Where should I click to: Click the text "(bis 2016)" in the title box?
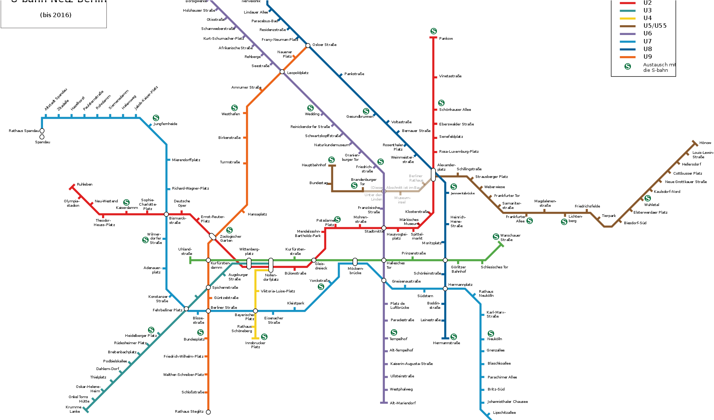tap(56, 15)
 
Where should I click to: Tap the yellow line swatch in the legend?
tap(627, 19)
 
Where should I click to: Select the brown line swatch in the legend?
tap(627, 26)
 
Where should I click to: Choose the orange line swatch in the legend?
tap(627, 57)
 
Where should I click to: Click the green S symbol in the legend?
tap(628, 66)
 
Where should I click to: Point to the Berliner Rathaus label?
tap(416, 178)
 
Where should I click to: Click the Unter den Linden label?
tap(374, 197)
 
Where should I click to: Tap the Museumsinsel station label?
tap(402, 200)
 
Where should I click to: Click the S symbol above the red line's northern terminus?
tap(433, 31)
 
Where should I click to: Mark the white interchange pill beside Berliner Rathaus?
tap(433, 175)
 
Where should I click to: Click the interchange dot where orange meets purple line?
tap(282, 72)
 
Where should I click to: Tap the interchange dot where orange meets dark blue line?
tap(308, 46)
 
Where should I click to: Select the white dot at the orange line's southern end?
tap(208, 412)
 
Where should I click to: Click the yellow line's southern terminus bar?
tap(255, 338)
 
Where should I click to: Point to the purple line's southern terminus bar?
tap(384, 402)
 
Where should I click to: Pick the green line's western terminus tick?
tap(190, 260)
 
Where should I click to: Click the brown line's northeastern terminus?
tap(695, 143)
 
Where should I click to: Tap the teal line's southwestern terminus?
tap(86, 410)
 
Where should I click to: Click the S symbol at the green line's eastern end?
tap(496, 237)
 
